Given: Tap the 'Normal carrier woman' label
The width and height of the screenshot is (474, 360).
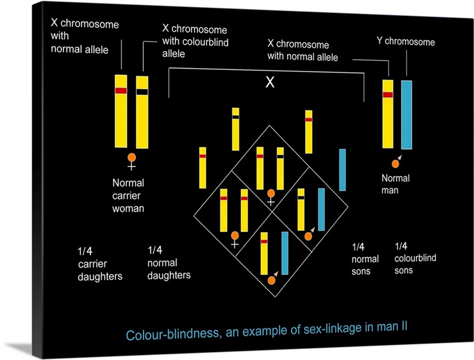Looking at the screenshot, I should [129, 195].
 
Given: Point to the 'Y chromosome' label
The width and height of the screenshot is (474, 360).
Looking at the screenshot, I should [405, 41].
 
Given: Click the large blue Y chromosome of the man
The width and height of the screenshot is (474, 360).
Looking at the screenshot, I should [406, 114].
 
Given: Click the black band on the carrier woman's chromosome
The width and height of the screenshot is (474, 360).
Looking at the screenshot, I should [142, 91].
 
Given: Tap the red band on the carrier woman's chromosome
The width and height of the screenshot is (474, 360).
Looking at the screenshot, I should [121, 91].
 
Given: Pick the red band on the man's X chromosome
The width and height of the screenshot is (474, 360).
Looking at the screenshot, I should [388, 95].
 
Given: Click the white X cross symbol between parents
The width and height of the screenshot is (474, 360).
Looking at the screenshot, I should [270, 83].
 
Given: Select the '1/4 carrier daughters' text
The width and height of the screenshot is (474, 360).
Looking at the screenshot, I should [100, 263].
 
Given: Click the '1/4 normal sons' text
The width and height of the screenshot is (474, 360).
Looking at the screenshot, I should [365, 259].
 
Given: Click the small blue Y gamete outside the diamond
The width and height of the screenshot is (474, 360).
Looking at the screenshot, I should [342, 169].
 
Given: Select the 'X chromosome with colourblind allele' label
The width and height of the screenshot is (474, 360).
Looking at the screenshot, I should [195, 41].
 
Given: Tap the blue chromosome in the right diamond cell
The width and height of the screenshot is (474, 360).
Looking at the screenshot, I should [321, 209].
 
